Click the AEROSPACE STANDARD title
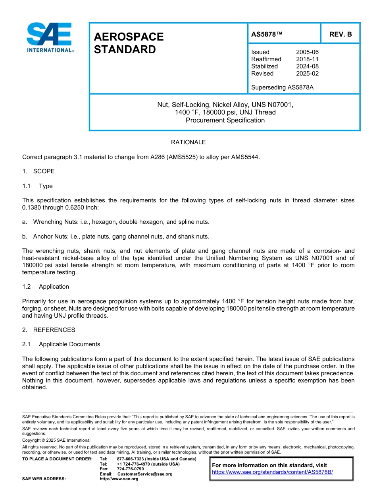click(129, 43)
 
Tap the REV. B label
click(340, 34)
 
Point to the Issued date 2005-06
click(307, 52)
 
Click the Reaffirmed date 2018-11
click(307, 59)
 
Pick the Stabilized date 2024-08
click(307, 66)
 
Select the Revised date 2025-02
click(307, 74)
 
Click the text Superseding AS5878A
click(282, 87)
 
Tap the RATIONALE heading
click(188, 142)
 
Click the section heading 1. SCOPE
click(38, 171)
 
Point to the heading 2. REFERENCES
click(48, 330)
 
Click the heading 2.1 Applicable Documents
click(61, 344)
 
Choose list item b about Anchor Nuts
click(115, 237)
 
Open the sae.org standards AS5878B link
click(272, 472)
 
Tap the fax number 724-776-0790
click(130, 469)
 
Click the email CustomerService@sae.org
click(144, 474)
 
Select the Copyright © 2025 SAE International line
click(56, 440)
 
